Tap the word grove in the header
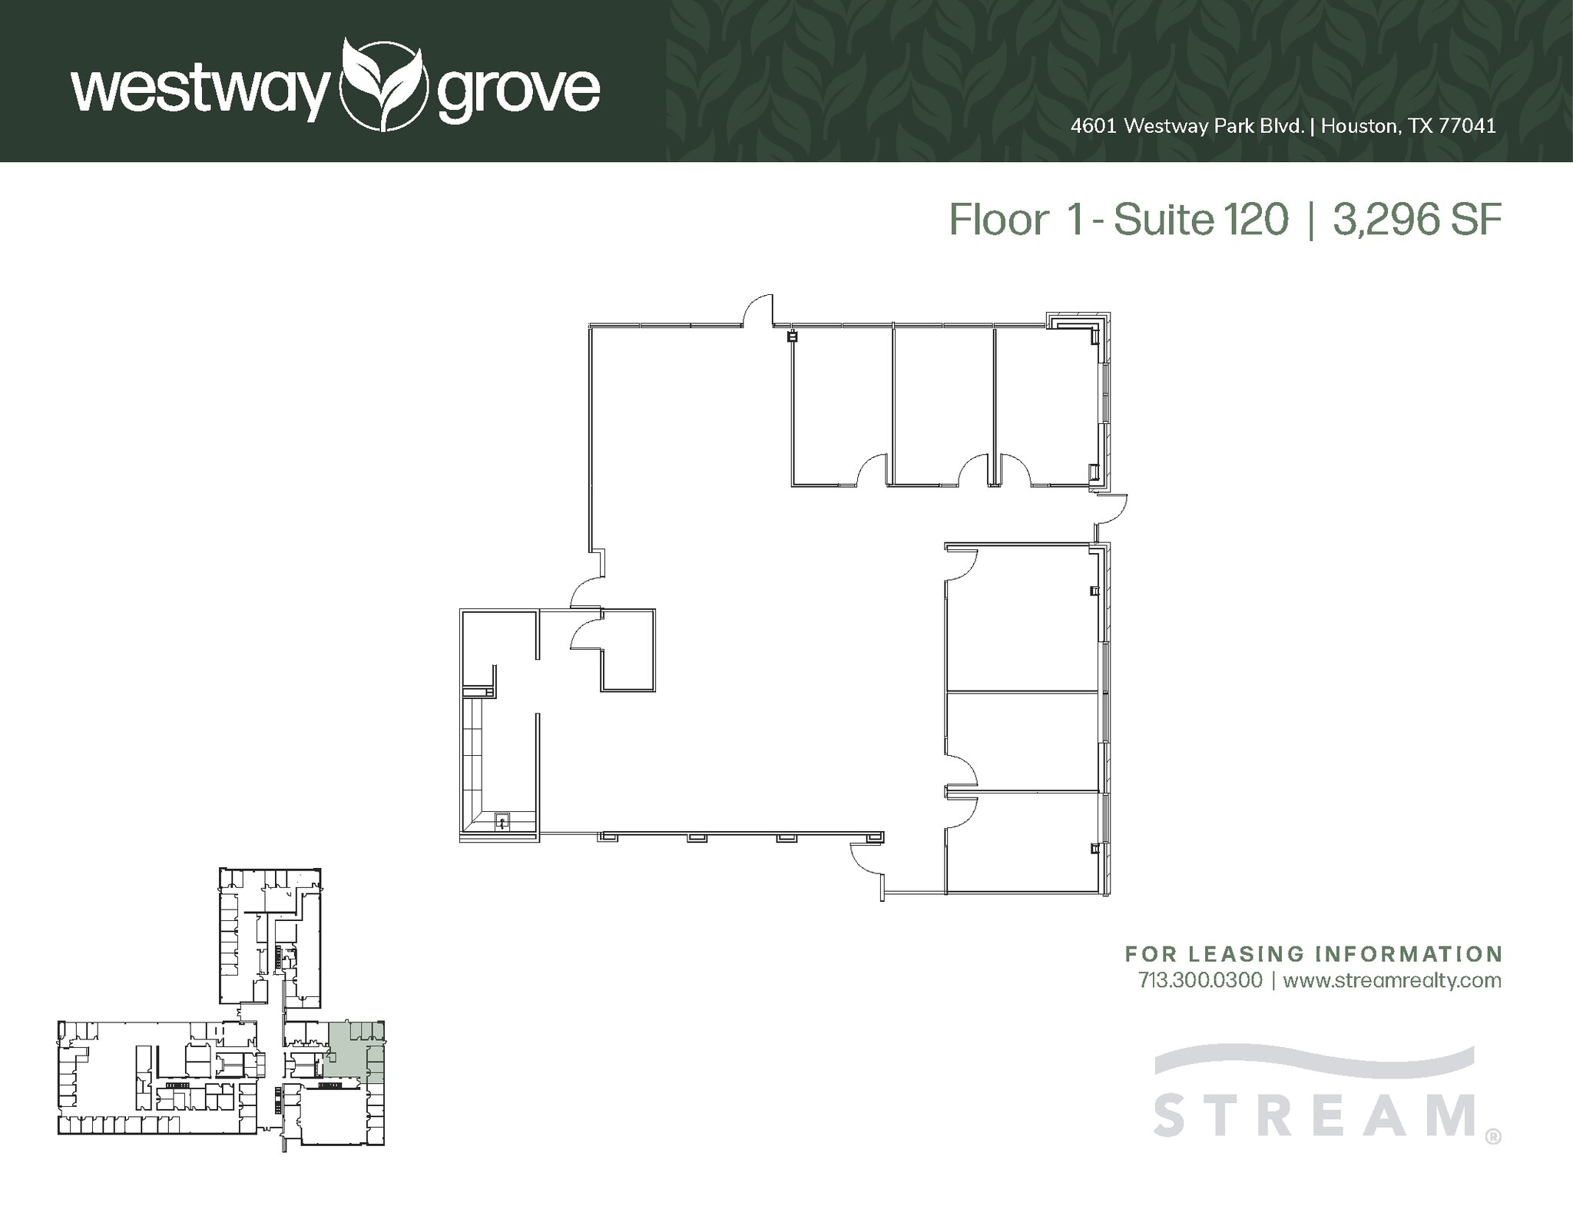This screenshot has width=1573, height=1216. click(518, 93)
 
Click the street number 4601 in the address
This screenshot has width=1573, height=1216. click(1094, 126)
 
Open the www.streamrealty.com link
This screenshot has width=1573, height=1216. click(1392, 980)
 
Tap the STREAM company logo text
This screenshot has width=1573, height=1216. click(1315, 1115)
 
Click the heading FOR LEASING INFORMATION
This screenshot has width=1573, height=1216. click(1313, 954)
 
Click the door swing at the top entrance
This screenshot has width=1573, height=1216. click(758, 311)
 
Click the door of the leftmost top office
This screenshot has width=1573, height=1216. click(873, 469)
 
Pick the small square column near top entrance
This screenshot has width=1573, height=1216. click(793, 336)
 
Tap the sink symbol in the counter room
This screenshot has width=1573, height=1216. click(502, 822)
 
